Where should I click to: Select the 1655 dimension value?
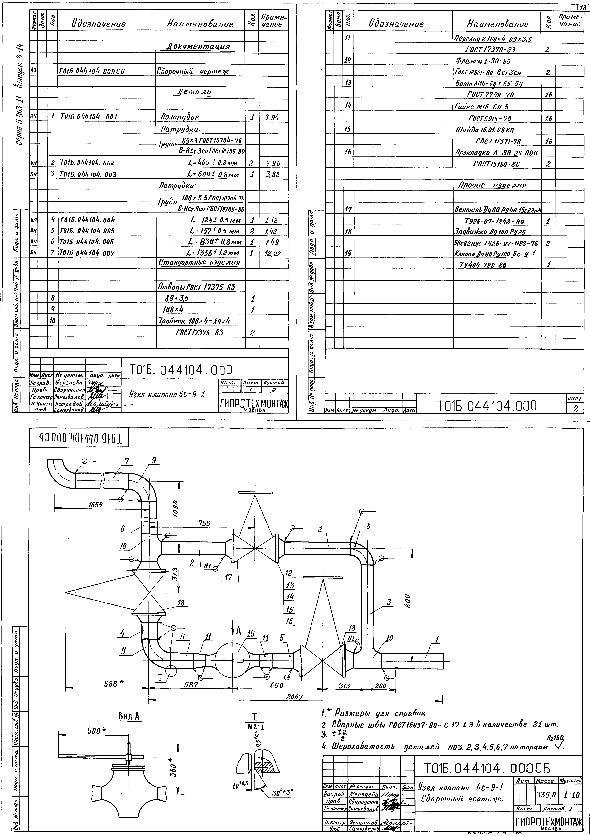coord(95,505)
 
